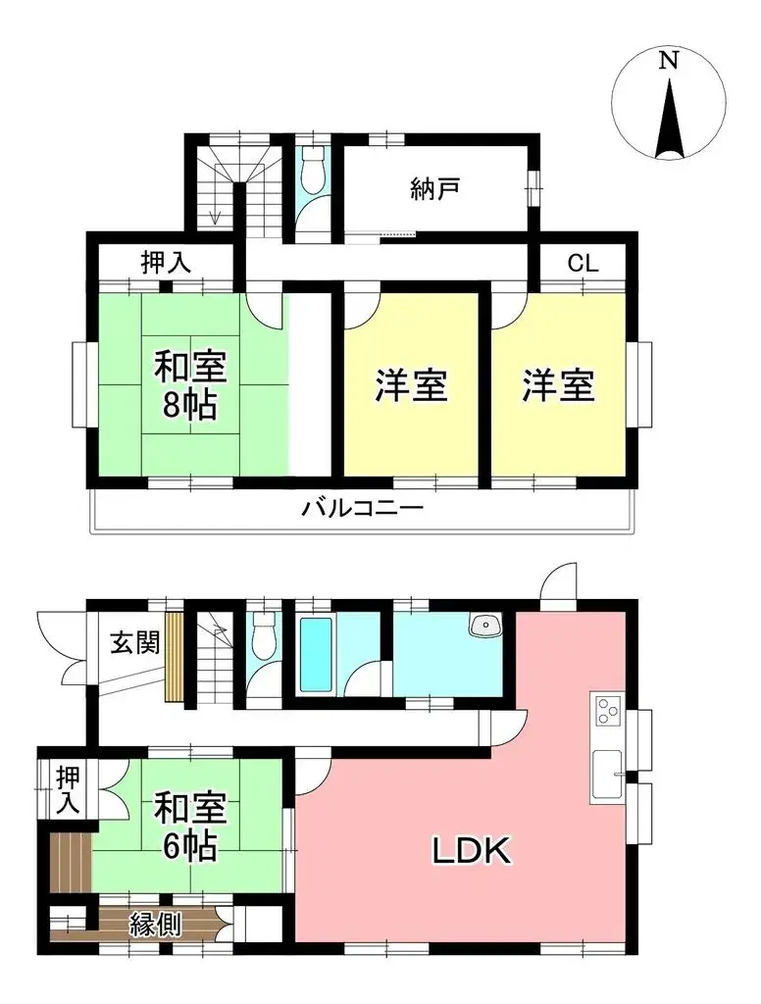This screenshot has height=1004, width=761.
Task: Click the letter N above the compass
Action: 668,61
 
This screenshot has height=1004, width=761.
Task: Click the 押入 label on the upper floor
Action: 166,263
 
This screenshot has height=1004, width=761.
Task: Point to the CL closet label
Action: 583,263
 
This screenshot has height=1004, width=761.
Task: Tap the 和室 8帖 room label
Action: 190,385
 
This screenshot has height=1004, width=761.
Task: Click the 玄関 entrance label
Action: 133,642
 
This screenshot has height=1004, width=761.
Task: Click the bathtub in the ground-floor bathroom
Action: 317,653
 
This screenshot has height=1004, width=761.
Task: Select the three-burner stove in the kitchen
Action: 606,711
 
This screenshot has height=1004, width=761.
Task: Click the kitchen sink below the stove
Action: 606,774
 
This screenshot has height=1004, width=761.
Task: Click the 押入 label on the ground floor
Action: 66,789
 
